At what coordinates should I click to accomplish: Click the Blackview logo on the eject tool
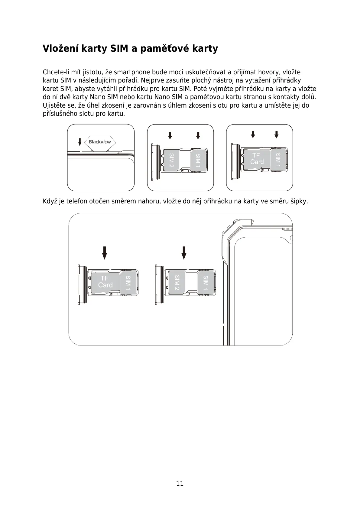click(100, 142)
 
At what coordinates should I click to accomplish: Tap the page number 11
click(180, 483)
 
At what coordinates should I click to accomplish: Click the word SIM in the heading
click(119, 48)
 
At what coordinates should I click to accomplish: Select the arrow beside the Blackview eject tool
click(80, 141)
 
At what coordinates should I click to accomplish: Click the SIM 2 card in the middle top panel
click(171, 160)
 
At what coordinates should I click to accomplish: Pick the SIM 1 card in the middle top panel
click(198, 160)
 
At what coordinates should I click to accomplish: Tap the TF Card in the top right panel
click(257, 159)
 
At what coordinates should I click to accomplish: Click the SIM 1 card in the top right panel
click(278, 159)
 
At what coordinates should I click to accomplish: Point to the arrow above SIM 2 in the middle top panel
click(170, 135)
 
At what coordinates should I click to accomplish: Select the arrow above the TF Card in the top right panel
click(253, 134)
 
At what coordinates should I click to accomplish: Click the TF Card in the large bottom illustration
click(105, 282)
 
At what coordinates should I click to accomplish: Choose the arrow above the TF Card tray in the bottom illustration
click(105, 253)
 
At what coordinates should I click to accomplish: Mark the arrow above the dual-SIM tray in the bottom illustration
click(184, 253)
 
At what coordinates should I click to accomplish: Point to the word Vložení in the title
click(60, 48)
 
